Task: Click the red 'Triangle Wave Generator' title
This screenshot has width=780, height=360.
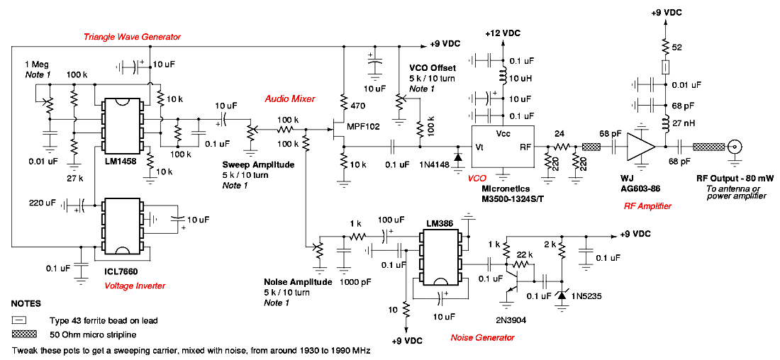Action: coord(132,37)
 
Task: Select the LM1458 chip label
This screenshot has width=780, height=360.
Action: coord(121,162)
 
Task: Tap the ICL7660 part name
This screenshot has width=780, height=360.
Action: coord(121,272)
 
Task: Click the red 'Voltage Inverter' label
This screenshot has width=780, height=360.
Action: coord(135,286)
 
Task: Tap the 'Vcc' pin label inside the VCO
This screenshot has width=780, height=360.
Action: coord(503,134)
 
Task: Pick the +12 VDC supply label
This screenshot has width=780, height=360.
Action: coord(503,33)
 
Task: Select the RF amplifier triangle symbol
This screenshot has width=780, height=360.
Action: coord(641,147)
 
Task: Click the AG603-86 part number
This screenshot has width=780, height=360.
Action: coord(642,191)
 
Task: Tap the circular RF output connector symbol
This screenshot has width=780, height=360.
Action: coord(732,147)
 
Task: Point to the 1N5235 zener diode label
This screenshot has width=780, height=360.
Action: coord(586,296)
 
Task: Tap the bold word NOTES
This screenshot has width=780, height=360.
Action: coord(26,303)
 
